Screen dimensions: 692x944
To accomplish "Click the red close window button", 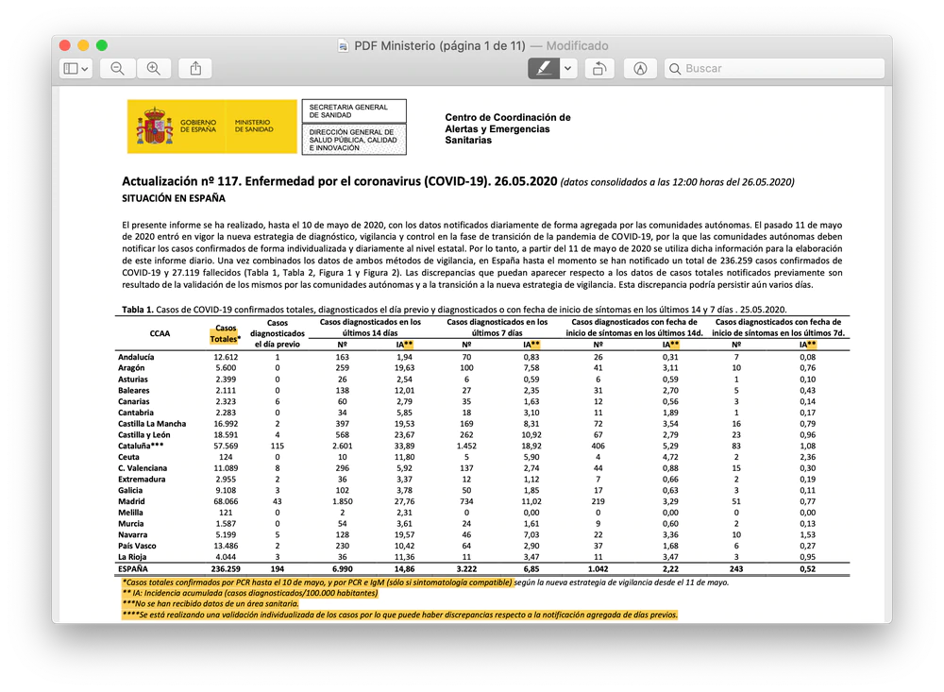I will (65, 45).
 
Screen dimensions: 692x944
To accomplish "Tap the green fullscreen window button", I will (102, 45).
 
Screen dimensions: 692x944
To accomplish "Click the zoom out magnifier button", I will (117, 68).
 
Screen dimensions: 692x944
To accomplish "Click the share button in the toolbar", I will (195, 68).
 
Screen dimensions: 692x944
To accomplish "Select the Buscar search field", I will (774, 68).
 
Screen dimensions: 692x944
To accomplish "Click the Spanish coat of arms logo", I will (156, 126).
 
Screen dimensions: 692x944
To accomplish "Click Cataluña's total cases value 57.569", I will (226, 446).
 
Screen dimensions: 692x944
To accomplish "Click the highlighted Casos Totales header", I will (225, 333).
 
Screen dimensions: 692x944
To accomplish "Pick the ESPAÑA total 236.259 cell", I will (225, 569).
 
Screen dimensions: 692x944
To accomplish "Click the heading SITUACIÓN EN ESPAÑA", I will (173, 199).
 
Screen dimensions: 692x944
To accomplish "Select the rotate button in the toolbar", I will (599, 68).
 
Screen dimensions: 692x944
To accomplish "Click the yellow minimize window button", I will (83, 45).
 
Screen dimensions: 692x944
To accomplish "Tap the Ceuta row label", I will (129, 456).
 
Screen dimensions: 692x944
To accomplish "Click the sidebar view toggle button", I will (76, 68).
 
